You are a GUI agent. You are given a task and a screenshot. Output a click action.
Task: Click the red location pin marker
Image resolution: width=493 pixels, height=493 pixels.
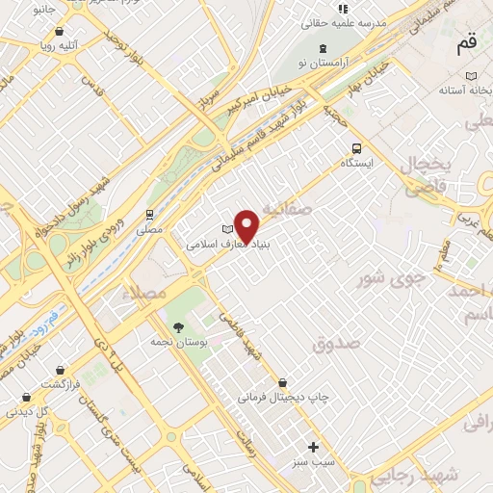(247, 225)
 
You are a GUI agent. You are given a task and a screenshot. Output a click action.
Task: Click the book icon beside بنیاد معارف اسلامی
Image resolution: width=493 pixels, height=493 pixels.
(227, 229)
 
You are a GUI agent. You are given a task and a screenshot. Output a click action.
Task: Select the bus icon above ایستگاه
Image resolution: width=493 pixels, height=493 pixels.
(357, 148)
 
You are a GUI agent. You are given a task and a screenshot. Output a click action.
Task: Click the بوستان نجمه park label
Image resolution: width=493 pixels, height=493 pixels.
(174, 342)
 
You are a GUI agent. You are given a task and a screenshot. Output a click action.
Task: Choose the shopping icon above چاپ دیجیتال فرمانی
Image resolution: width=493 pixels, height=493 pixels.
(281, 382)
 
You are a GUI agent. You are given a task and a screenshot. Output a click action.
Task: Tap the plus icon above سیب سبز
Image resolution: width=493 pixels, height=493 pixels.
(312, 447)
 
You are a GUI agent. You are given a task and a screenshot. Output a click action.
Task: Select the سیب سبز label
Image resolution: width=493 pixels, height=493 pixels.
(314, 463)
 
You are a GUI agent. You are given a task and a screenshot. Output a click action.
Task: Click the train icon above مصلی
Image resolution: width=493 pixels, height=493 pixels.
(149, 215)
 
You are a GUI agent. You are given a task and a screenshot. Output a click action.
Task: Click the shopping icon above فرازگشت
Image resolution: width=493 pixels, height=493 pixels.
(61, 369)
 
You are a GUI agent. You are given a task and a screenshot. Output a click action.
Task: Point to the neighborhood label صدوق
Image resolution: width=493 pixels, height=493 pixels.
(336, 342)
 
